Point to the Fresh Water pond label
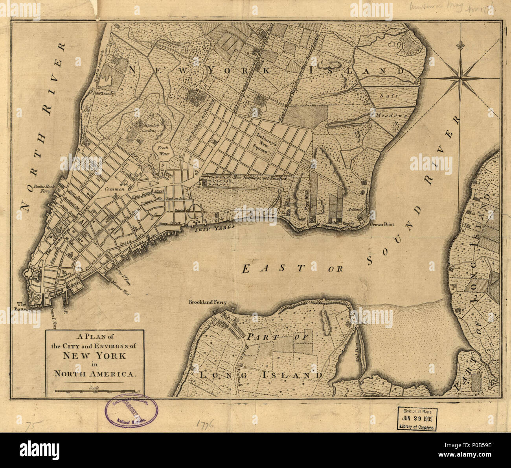[163, 151]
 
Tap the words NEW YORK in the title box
[94, 356]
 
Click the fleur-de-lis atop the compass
[460, 46]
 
